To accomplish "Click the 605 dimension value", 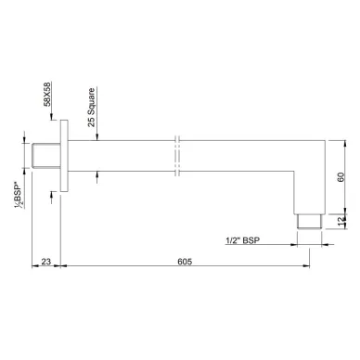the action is tap(185, 262).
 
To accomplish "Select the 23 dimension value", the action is tap(45, 262).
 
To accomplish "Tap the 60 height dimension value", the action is tap(341, 177).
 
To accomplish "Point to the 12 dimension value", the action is tap(341, 221).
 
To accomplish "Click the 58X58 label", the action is tap(47, 95).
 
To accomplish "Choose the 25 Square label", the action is tap(91, 108).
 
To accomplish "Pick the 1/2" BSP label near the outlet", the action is tap(243, 240).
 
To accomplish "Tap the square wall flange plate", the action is tap(64, 156).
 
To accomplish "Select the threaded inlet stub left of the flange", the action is tap(46, 156).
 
